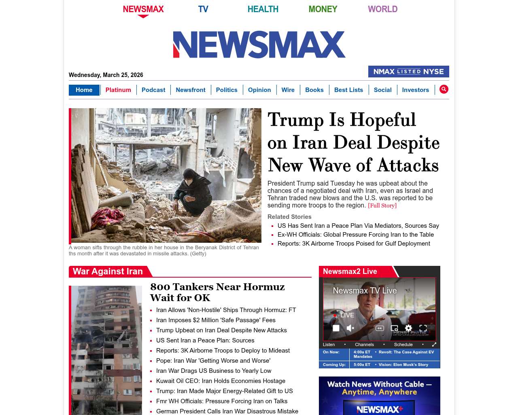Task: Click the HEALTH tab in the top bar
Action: click(x=263, y=9)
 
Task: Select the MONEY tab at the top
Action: click(x=323, y=9)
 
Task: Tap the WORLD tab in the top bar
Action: click(x=382, y=9)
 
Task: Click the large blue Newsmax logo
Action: click(x=259, y=45)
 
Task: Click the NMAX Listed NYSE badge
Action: click(x=408, y=72)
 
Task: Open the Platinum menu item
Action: click(x=118, y=90)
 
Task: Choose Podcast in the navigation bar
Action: click(x=153, y=90)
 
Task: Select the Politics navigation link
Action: click(x=227, y=90)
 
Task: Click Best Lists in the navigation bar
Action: click(x=348, y=90)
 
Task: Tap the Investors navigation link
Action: click(x=415, y=90)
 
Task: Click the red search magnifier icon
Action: click(x=444, y=89)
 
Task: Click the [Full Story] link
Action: click(x=382, y=205)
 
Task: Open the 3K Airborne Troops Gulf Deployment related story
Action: click(x=354, y=244)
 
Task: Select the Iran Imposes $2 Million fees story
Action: click(x=216, y=320)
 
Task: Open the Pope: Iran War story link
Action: click(x=213, y=361)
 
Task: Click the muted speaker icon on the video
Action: click(x=350, y=328)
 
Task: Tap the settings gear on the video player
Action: click(x=408, y=328)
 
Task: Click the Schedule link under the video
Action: click(x=403, y=344)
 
